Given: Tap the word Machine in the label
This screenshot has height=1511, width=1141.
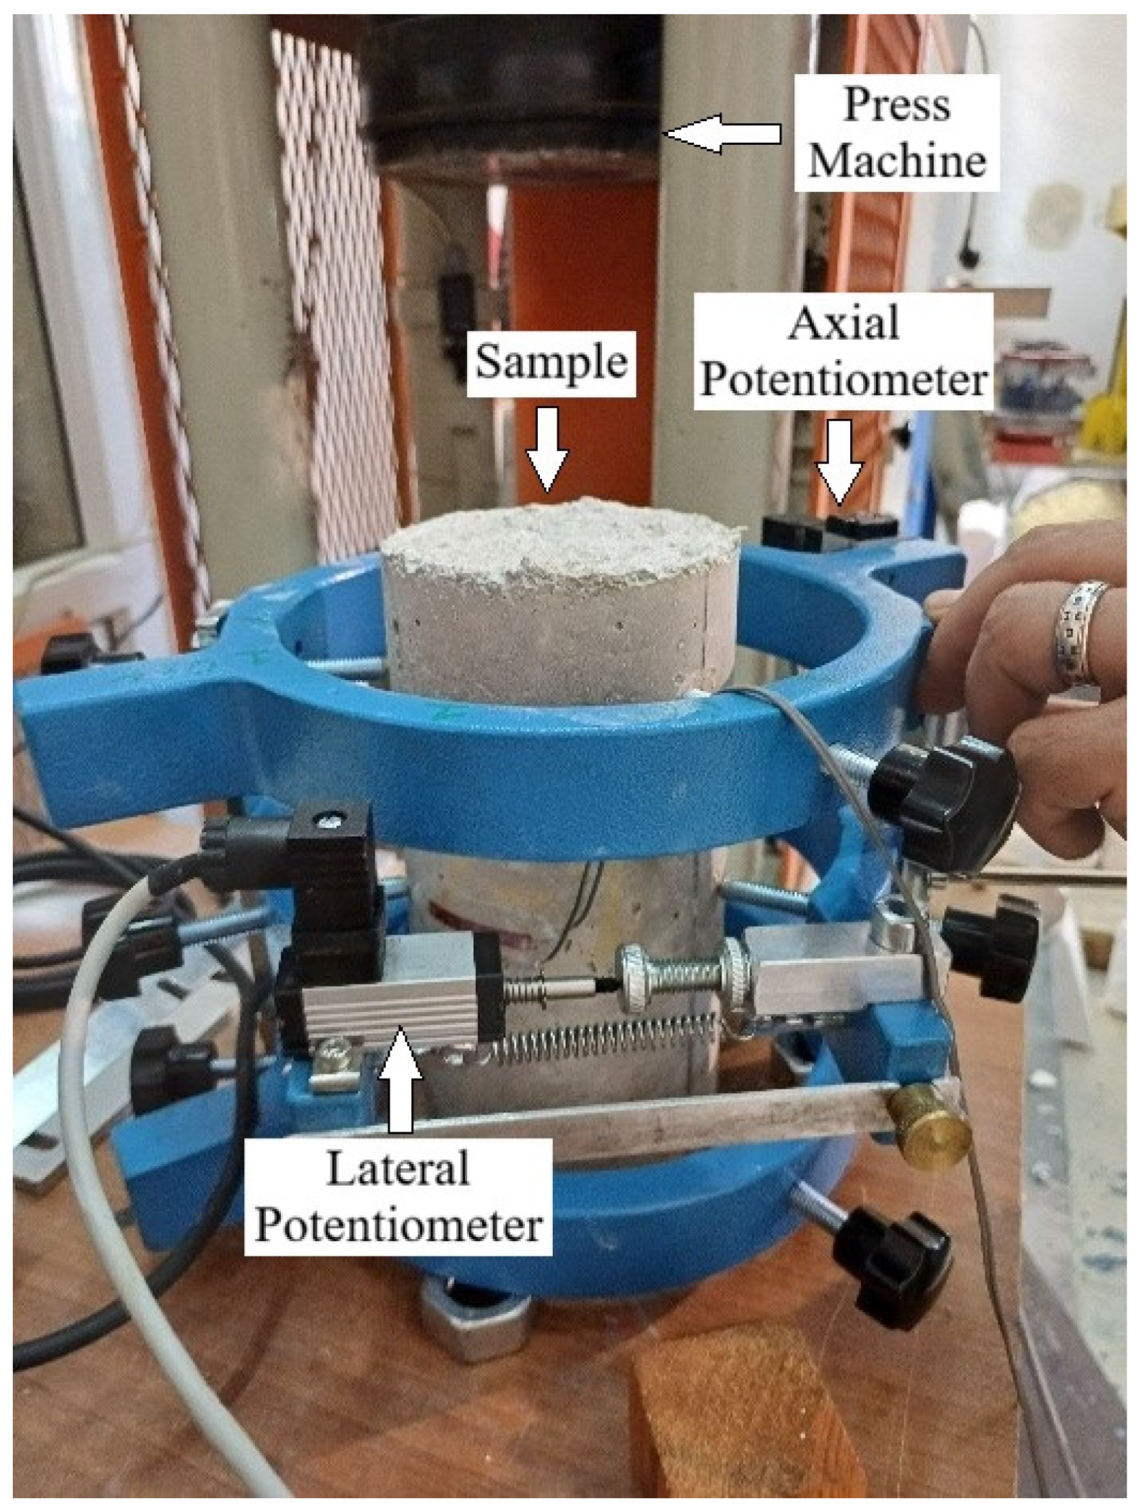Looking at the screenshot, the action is pos(896,161).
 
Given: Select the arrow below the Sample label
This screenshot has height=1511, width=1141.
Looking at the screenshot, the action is pos(547,448).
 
